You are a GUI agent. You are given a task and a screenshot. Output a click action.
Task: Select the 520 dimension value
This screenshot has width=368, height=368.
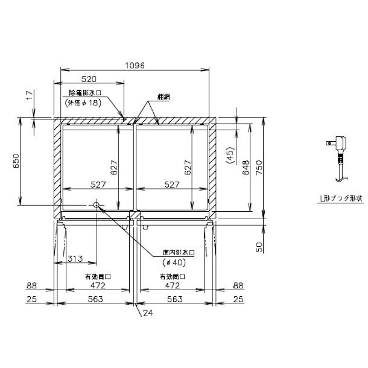click(90, 80)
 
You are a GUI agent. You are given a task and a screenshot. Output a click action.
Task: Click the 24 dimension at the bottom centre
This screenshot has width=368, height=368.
click(150, 313)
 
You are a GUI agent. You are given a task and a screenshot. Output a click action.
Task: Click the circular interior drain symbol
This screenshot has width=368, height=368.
click(97, 206)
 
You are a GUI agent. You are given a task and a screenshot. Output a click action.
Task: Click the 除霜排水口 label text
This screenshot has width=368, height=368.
click(84, 94)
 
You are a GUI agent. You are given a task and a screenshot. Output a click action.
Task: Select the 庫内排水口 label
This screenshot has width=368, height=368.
click(176, 252)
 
